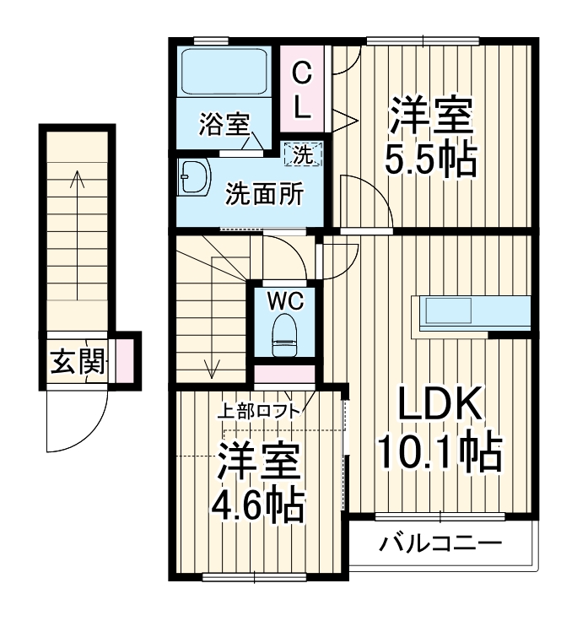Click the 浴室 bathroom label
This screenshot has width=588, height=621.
point(224,125)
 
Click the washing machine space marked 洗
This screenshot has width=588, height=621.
point(303,154)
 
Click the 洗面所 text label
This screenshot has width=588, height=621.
point(263,194)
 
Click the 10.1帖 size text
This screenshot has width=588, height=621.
point(439,453)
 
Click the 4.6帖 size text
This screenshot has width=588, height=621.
point(257,505)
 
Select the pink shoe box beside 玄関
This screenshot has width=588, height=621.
point(123,358)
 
